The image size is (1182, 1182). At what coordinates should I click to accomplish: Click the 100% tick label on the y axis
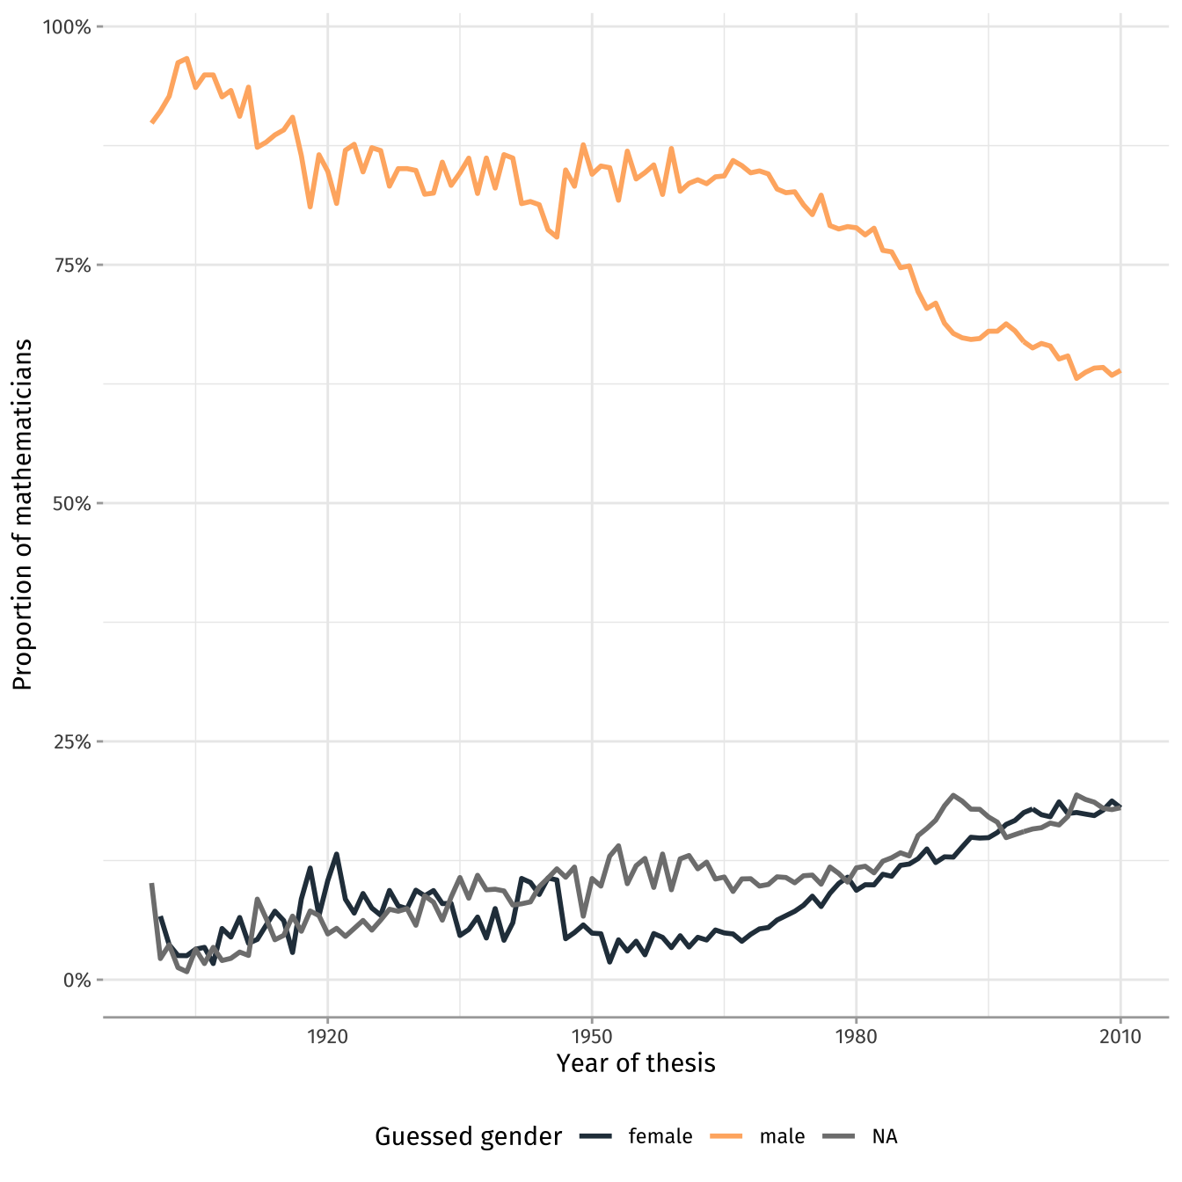click(x=67, y=27)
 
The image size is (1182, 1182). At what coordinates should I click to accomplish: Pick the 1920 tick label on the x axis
click(x=327, y=1036)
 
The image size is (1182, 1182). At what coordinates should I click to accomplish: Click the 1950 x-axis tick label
click(x=592, y=1036)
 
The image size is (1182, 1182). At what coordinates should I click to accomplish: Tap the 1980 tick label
click(x=856, y=1036)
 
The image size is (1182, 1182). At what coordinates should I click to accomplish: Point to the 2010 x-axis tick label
click(x=1120, y=1036)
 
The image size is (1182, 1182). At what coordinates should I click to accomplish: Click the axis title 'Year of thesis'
click(x=636, y=1063)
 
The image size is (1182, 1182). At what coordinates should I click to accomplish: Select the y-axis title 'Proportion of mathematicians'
click(x=23, y=514)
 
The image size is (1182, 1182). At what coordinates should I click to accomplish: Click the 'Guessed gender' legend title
click(x=468, y=1136)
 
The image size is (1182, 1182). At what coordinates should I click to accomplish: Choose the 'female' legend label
click(x=660, y=1136)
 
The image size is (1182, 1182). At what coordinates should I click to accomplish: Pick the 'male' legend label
click(x=782, y=1136)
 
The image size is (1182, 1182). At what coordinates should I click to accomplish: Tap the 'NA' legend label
click(x=885, y=1136)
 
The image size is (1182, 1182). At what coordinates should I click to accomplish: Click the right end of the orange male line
click(x=1120, y=371)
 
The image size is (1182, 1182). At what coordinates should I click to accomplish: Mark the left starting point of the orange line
click(x=151, y=122)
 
